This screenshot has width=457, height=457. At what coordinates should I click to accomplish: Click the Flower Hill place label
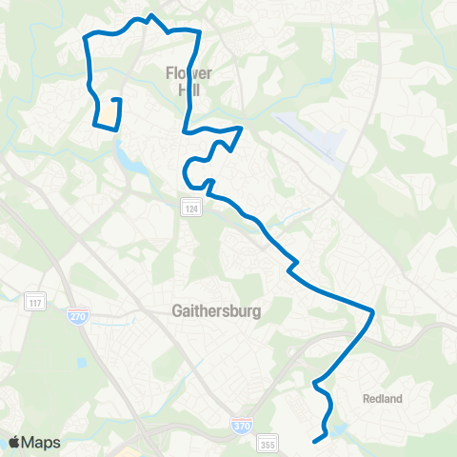point(188,81)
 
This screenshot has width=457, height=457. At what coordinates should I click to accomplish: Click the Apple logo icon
point(16,441)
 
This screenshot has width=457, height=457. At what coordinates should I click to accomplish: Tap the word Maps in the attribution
point(42,442)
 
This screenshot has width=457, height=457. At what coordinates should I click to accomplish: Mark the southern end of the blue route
point(314,440)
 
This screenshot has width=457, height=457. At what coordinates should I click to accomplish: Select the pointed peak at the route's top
point(150,16)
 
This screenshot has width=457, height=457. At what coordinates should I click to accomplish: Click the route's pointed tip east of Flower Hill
point(243,127)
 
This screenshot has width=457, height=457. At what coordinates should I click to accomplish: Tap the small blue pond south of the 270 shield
point(83,362)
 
